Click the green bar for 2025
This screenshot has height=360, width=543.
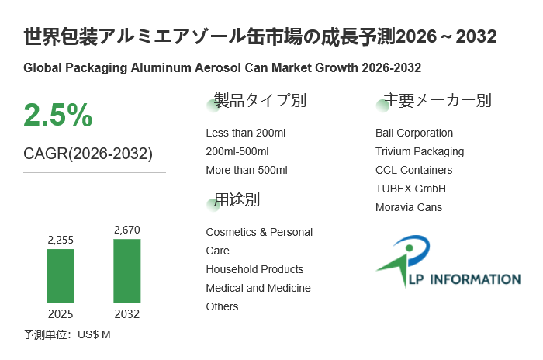(x=61, y=275)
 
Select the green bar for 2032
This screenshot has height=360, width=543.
(x=127, y=271)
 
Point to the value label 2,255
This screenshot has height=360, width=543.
(x=61, y=241)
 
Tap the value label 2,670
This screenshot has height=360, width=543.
(x=127, y=230)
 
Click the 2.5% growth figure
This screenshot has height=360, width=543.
(x=58, y=116)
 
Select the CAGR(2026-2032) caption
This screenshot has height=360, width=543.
(x=88, y=154)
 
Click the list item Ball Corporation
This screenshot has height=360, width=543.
(x=414, y=133)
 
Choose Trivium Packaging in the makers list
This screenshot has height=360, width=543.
(x=420, y=151)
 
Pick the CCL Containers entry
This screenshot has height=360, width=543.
(x=413, y=170)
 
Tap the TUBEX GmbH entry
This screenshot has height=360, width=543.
(x=410, y=189)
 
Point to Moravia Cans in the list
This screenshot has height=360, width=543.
(x=409, y=207)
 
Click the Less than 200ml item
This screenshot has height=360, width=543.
(x=246, y=133)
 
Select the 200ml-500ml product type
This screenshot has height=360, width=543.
(x=237, y=151)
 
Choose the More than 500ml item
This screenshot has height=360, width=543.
(x=247, y=170)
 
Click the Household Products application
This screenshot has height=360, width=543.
(x=254, y=269)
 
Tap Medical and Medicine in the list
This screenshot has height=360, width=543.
(x=258, y=288)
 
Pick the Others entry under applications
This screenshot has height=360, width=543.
(x=222, y=306)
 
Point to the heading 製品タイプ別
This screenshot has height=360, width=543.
(x=260, y=101)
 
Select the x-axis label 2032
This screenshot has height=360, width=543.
(x=127, y=314)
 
